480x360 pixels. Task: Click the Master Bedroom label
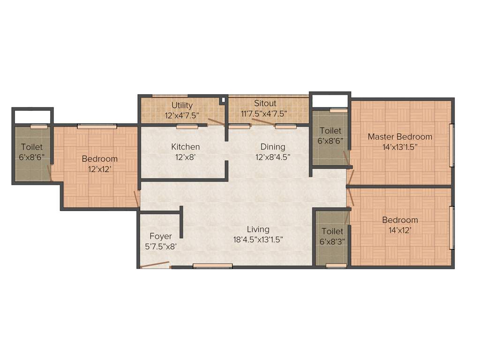coord(400,137)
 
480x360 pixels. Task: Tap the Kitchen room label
coord(185,147)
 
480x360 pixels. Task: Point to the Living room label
coord(258,229)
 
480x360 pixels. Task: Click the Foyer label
coord(161,236)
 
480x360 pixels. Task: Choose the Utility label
coord(182,105)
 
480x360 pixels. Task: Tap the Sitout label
coord(265,103)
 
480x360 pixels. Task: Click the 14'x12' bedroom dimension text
coord(400,231)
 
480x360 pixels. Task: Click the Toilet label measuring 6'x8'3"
coord(332,231)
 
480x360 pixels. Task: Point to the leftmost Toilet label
coord(32,147)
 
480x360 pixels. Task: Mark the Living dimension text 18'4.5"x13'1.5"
coord(258,240)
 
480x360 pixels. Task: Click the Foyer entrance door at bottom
coord(155,265)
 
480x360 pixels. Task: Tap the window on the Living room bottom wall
coord(213,266)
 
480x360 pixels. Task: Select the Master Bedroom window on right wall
coord(451,145)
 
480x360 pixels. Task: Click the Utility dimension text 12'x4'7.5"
coord(182,114)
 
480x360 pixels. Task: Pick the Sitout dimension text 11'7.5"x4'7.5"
coord(264,113)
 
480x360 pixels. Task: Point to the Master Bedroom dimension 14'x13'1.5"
coord(400,147)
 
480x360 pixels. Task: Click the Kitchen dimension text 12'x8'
coord(185,157)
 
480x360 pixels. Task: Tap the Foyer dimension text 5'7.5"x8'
coord(160,247)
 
